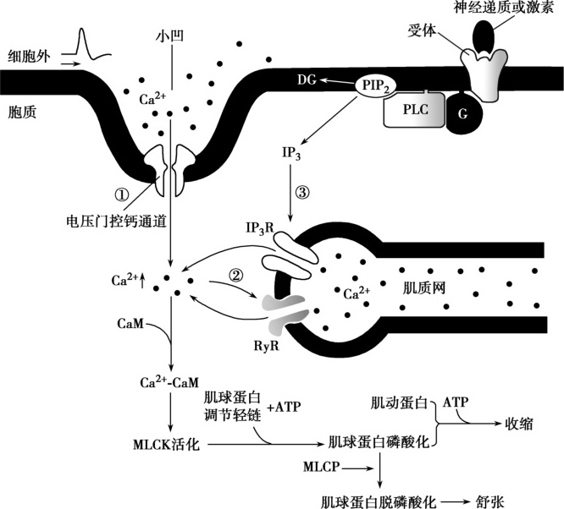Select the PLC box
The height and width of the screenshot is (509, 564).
pyautogui.click(x=414, y=111)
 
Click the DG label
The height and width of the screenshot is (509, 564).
pyautogui.click(x=307, y=80)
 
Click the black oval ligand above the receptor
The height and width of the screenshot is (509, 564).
pyautogui.click(x=485, y=34)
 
